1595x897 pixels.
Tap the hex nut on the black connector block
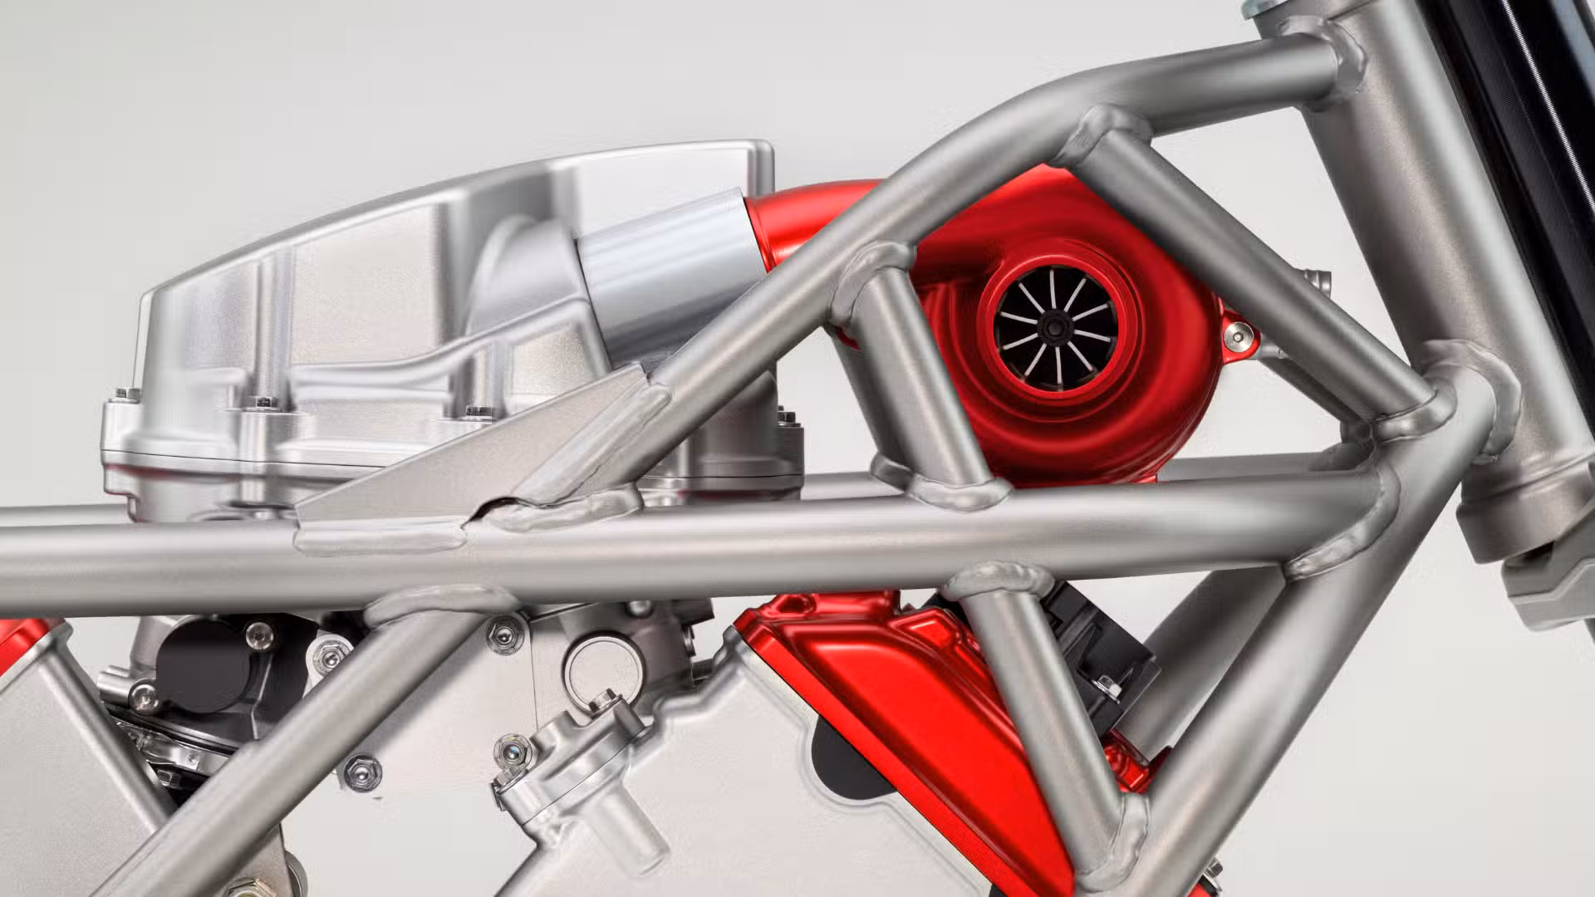(1107, 686)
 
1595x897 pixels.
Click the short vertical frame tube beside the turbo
(914, 374)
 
